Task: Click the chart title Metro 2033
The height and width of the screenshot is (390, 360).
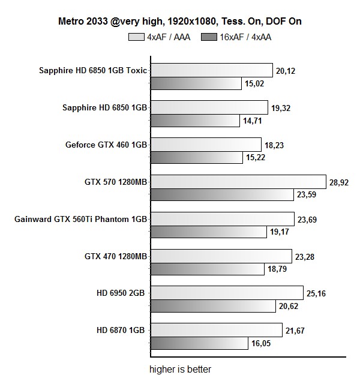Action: pyautogui.click(x=180, y=22)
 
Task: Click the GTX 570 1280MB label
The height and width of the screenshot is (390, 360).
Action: pyautogui.click(x=116, y=182)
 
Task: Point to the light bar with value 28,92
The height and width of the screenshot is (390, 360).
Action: pyautogui.click(x=238, y=182)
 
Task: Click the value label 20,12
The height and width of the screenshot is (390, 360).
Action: pyautogui.click(x=286, y=71)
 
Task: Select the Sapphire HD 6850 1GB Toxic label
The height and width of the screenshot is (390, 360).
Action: pyautogui.click(x=92, y=70)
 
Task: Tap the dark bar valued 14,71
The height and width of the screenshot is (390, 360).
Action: pyautogui.click(x=195, y=121)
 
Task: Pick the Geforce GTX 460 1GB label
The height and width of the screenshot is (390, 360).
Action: pyautogui.click(x=106, y=145)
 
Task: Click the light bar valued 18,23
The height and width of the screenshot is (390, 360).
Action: pyautogui.click(x=205, y=145)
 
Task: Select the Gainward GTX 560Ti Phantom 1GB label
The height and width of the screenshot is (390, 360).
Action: pyautogui.click(x=80, y=219)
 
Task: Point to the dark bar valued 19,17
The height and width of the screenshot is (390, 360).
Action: pyautogui.click(x=208, y=232)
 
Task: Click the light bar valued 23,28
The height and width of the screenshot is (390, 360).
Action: pyautogui.click(x=221, y=256)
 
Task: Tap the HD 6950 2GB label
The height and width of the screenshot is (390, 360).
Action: pyautogui.click(x=122, y=293)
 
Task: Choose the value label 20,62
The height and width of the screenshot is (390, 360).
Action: pyautogui.click(x=288, y=306)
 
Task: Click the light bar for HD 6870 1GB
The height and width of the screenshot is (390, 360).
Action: pyautogui.click(x=216, y=330)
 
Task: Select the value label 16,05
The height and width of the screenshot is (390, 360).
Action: pyautogui.click(x=261, y=343)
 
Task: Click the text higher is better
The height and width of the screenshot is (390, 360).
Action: pyautogui.click(x=180, y=369)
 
